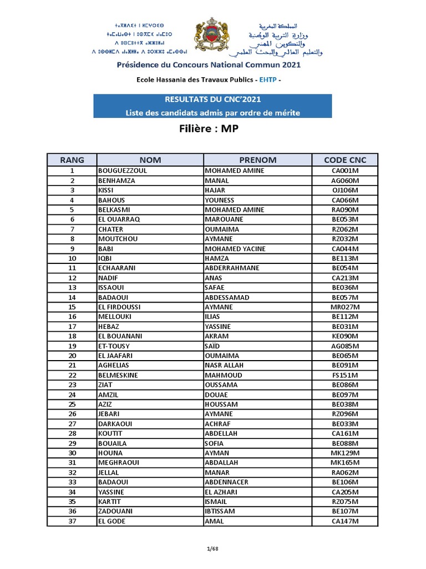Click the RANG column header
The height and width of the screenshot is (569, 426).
coord(72,160)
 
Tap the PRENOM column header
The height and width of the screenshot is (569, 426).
coord(257,160)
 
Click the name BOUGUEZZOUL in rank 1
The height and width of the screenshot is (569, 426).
coord(123,171)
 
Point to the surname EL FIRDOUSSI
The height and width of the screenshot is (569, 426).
coord(120,307)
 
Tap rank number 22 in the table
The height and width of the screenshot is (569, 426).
coord(72,375)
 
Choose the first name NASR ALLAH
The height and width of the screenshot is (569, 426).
coord(225,366)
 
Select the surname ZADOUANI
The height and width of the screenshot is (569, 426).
coord(116,511)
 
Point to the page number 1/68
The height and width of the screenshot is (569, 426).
coord(212,550)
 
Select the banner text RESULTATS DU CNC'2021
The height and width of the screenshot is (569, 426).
coord(212,100)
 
